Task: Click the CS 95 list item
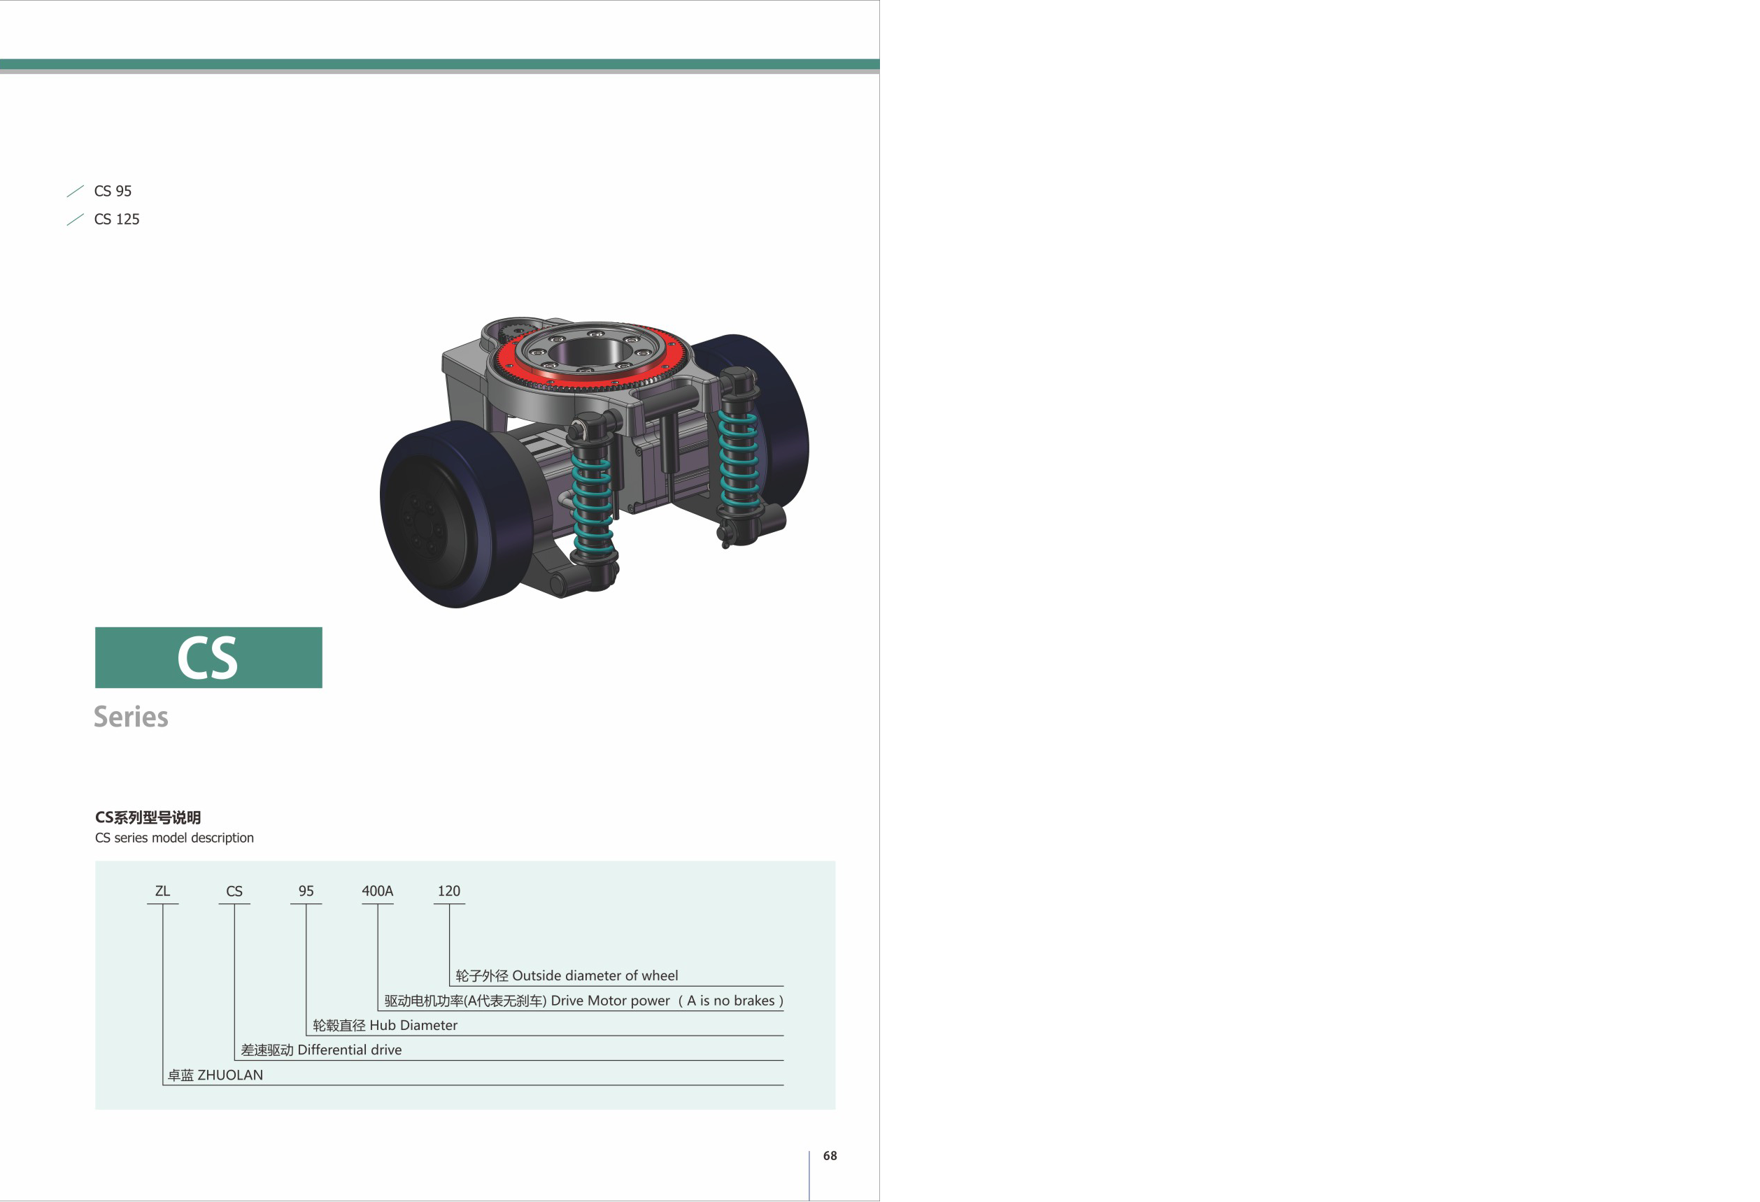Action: tap(113, 191)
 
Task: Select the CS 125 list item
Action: tap(117, 219)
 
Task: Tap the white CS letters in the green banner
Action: tap(208, 658)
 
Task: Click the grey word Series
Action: tap(131, 717)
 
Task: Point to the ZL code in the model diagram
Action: tap(162, 891)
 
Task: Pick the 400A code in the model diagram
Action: tap(377, 891)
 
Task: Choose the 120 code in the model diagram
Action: tap(449, 891)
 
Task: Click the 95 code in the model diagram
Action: tap(306, 891)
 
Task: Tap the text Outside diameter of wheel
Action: tap(595, 975)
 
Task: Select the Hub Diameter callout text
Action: tap(413, 1025)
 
